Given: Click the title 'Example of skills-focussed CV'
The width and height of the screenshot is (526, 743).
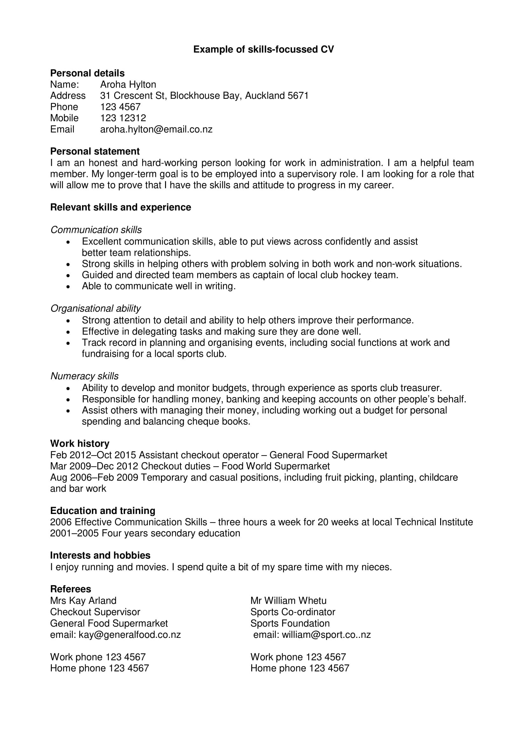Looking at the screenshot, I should point(263,49).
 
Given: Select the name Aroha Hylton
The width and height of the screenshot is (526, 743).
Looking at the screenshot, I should point(128,84).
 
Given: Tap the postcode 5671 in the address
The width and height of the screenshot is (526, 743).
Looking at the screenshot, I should point(298,96).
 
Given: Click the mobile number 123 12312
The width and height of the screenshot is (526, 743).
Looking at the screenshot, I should point(123,118).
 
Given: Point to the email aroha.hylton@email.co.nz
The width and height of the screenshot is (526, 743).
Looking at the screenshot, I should point(156,129).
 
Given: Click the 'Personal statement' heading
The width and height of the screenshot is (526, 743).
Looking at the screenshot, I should point(95,151).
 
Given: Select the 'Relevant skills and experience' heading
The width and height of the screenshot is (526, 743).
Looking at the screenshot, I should point(121,207).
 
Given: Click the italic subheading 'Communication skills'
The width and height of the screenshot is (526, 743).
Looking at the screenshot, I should point(96,230).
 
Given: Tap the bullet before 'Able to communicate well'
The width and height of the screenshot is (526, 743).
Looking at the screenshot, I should point(68,287).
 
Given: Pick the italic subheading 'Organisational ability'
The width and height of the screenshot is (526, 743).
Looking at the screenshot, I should point(95,308).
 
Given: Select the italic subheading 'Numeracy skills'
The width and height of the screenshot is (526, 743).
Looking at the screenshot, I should point(84,376).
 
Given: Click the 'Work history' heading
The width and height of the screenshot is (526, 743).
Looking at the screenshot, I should point(80,443).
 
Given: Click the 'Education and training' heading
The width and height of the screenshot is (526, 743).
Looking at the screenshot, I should point(103,511).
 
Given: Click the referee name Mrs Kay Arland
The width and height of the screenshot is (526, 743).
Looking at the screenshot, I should point(83,601).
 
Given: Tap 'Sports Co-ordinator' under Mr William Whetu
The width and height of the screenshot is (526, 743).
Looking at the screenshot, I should point(293,612).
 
